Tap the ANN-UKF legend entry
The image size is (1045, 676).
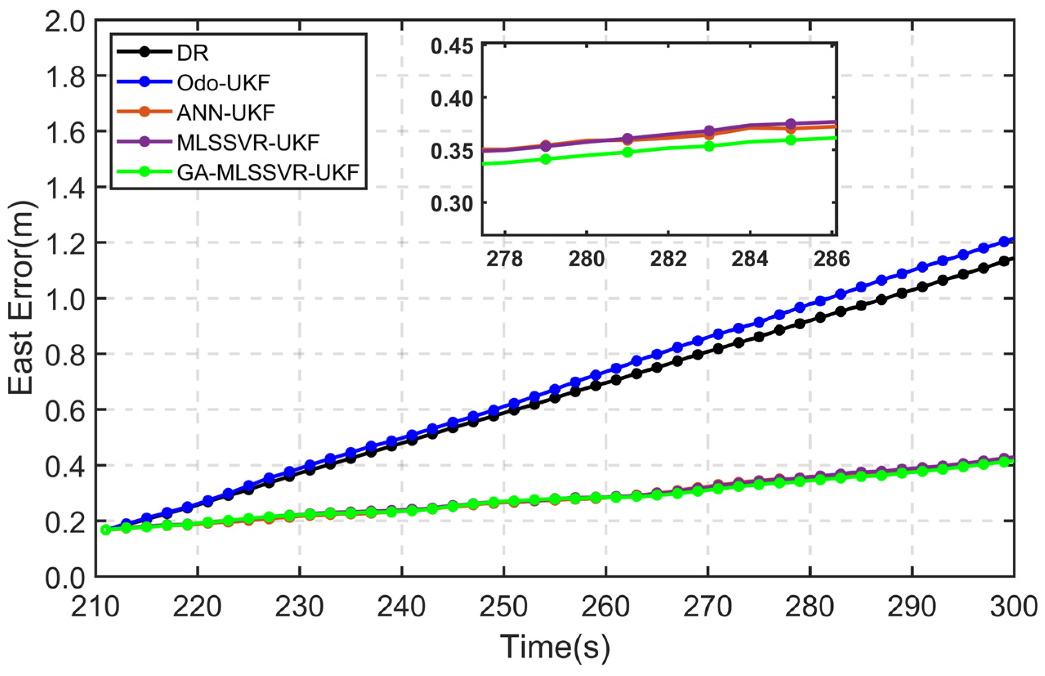click(226, 113)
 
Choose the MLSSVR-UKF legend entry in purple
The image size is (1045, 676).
click(248, 143)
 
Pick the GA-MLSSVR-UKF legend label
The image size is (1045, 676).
click(268, 172)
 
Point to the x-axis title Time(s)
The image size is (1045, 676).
click(555, 647)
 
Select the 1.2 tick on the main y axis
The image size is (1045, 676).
click(65, 243)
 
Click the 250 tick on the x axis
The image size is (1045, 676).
click(504, 607)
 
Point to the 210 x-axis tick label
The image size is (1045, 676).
click(96, 607)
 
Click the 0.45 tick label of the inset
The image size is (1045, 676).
click(452, 47)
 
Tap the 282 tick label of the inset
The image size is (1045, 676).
click(668, 259)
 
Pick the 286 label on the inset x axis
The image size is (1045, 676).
click(832, 259)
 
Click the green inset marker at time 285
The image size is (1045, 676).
click(791, 141)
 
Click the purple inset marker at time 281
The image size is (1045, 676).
click(627, 139)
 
